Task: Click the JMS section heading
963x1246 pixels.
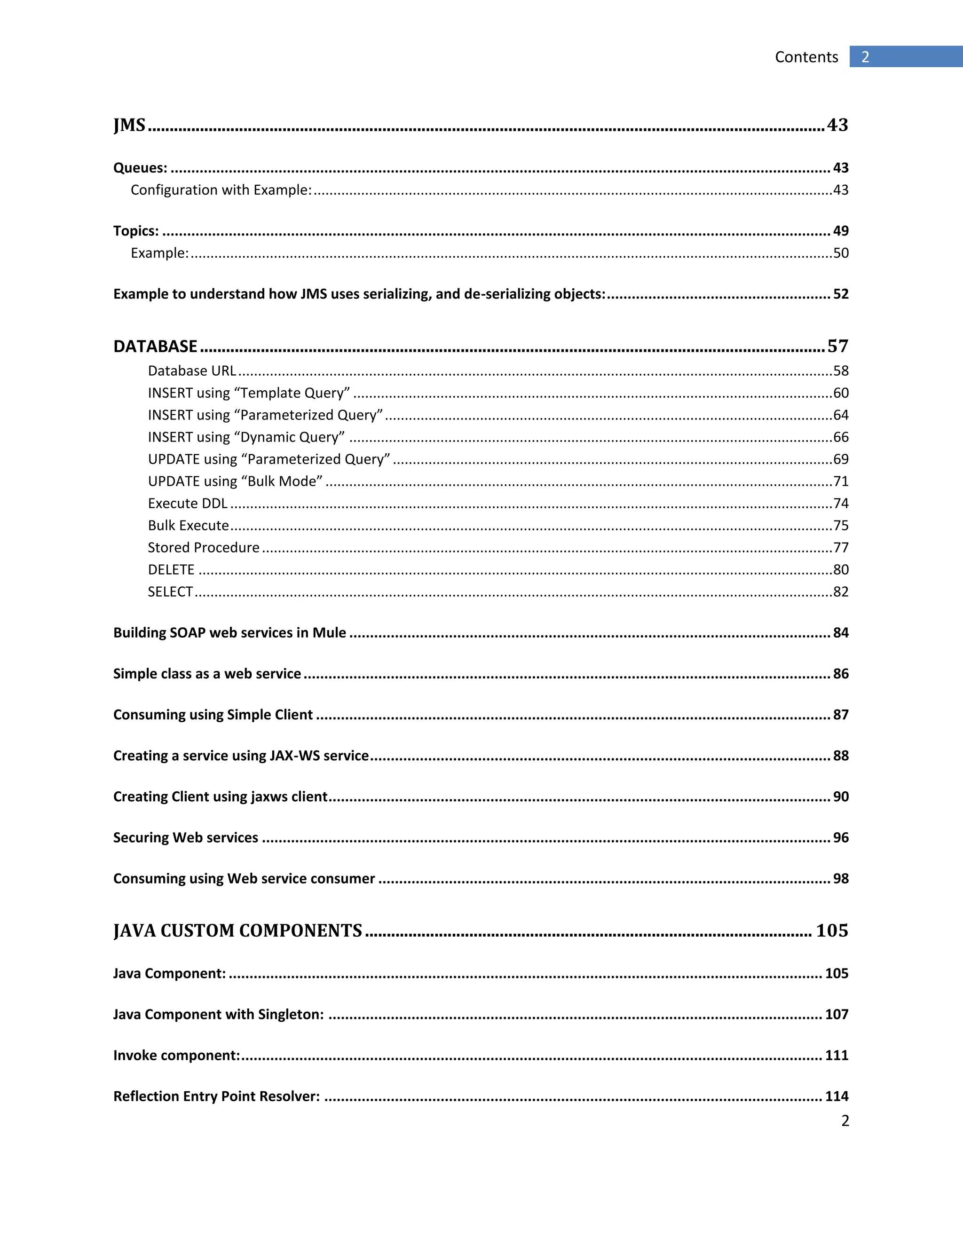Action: pos(129,125)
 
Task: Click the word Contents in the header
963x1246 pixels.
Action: pos(806,57)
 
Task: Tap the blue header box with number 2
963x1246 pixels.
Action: pos(905,56)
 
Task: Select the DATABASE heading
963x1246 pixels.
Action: pos(155,347)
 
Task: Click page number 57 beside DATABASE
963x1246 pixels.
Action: pos(837,347)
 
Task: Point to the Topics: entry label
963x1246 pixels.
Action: pos(136,231)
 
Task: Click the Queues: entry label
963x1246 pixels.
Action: pos(140,168)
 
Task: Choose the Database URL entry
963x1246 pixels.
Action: pos(192,371)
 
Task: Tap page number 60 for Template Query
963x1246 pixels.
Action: pos(841,393)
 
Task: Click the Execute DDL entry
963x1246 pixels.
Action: pos(188,503)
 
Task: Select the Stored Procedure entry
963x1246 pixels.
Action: pos(204,548)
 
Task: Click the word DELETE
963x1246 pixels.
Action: pos(171,569)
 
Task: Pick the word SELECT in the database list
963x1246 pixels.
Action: pos(171,591)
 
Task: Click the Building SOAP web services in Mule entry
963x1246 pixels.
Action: pos(229,633)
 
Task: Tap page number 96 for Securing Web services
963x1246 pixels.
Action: pos(841,837)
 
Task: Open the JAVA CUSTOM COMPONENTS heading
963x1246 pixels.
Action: pos(237,931)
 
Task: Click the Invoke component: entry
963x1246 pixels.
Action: pos(176,1056)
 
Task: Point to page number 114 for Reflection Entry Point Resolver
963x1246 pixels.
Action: pos(837,1096)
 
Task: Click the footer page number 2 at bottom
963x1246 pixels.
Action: pos(845,1121)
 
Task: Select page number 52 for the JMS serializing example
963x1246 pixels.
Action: pos(841,294)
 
